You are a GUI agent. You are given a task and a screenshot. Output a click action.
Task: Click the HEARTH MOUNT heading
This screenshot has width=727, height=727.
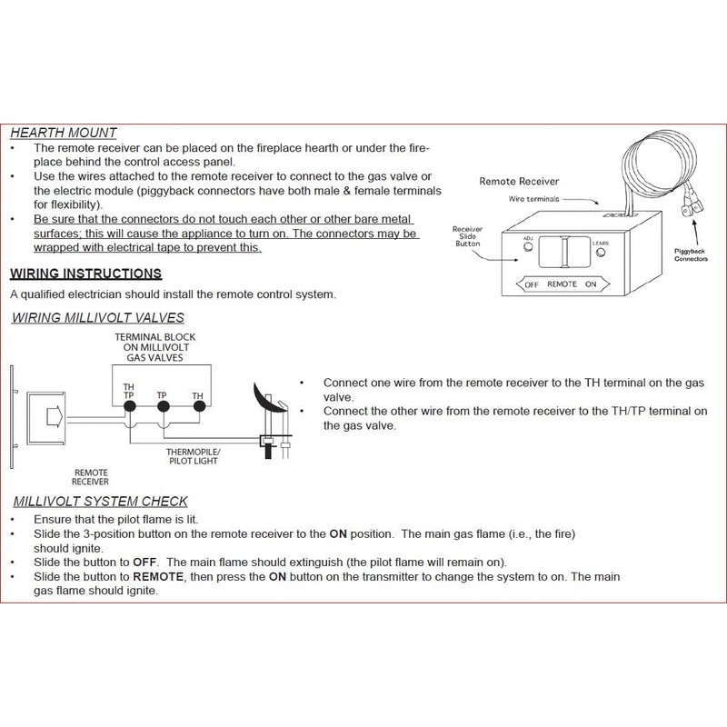(63, 132)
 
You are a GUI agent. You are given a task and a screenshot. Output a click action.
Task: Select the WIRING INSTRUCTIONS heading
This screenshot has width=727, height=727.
(85, 274)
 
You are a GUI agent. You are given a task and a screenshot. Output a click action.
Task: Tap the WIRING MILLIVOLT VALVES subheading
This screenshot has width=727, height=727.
(97, 317)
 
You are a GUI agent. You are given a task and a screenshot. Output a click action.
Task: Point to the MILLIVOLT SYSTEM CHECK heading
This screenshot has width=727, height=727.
(100, 502)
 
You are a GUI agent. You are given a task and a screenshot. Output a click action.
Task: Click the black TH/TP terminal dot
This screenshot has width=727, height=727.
(129, 407)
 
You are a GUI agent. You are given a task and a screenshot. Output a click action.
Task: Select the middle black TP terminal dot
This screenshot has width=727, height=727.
(163, 407)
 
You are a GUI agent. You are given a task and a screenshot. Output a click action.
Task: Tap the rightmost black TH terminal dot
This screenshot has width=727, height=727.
(197, 407)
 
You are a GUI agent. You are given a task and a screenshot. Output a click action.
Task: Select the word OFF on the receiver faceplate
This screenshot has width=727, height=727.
(532, 284)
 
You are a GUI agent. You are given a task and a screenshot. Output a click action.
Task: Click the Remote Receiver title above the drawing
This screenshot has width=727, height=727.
(518, 181)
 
